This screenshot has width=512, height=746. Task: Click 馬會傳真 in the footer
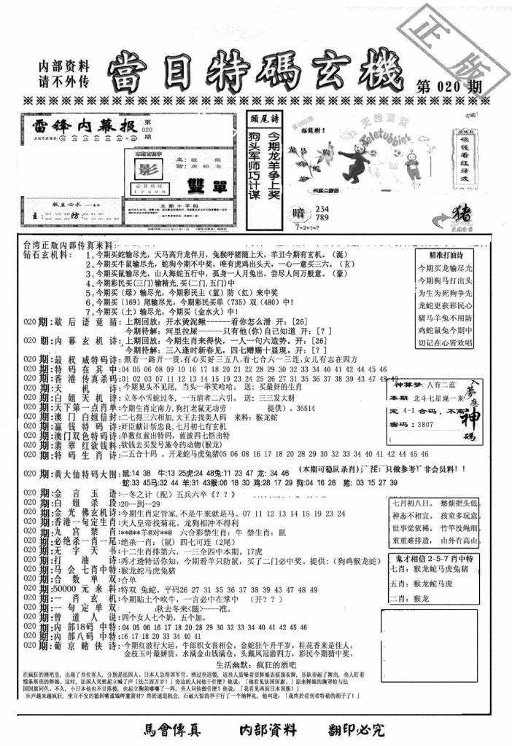(x=170, y=729)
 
